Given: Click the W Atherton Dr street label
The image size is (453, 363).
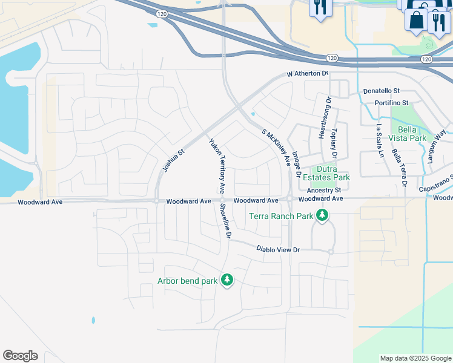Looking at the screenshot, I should point(307,74).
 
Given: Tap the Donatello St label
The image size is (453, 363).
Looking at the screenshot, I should point(382,91).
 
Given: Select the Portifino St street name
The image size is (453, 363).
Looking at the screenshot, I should point(392,103).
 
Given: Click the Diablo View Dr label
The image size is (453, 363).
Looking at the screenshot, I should point(278,249).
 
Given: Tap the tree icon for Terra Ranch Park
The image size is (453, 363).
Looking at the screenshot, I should point(323,215).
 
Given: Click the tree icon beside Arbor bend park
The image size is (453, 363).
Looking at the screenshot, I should point(227,280).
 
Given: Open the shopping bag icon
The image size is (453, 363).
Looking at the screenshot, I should point(417,19).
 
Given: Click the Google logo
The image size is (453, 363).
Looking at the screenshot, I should point(20,356).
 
